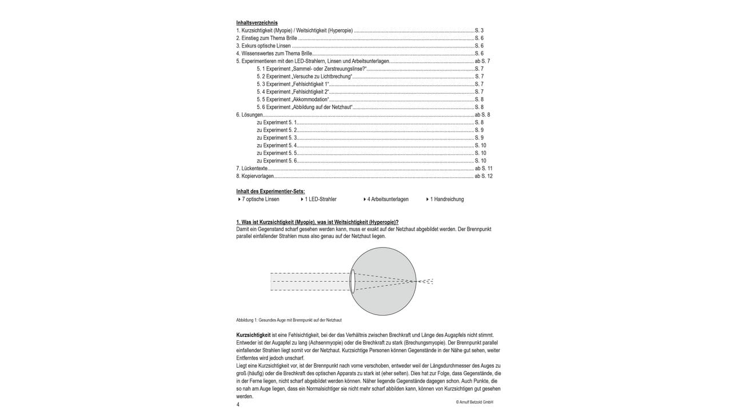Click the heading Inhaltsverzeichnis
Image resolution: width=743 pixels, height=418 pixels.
[x=257, y=23]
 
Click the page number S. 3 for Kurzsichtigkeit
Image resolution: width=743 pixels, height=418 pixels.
[x=479, y=30]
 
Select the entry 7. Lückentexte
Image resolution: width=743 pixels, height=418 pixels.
[x=252, y=169]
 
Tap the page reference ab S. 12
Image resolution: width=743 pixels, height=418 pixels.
[x=484, y=176]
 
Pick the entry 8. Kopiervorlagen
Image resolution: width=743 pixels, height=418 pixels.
[x=255, y=176]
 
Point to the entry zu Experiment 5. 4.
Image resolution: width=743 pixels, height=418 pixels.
[x=277, y=146]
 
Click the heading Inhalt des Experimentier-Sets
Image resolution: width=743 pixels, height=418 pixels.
[x=270, y=191]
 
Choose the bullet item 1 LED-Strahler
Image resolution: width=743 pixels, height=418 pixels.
[x=320, y=200]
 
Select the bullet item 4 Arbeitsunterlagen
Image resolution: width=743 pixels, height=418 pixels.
[x=388, y=200]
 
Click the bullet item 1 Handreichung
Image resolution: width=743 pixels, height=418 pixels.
[x=446, y=200]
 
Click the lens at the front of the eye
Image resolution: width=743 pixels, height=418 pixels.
[x=353, y=281]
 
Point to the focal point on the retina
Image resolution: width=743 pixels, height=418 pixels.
[x=416, y=281]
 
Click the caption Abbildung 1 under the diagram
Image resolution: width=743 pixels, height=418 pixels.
[x=289, y=320]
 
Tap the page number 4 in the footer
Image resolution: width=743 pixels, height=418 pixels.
[x=238, y=404]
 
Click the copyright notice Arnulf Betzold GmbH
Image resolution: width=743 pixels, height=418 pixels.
[x=474, y=403]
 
